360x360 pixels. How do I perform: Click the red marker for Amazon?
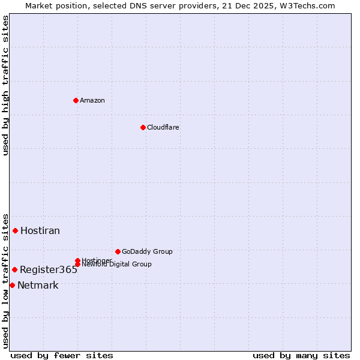76,100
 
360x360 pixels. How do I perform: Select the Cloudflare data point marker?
143,127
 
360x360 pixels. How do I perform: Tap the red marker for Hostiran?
16,230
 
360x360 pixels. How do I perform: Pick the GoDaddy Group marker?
118,251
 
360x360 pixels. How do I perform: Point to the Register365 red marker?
14,269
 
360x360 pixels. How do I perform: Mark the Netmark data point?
12,285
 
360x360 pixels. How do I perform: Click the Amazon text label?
92,100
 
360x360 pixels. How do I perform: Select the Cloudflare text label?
163,127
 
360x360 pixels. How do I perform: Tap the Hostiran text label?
40,231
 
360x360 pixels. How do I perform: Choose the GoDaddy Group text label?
147,252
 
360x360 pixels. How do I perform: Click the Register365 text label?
49,270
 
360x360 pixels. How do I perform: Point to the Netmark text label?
38,286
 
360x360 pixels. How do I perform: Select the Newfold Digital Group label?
117,265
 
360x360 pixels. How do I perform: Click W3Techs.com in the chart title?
305,6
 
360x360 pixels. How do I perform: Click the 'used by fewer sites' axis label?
62,355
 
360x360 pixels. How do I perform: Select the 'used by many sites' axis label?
301,355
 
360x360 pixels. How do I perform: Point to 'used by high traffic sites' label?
6,85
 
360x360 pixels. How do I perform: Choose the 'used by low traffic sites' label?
6,280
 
